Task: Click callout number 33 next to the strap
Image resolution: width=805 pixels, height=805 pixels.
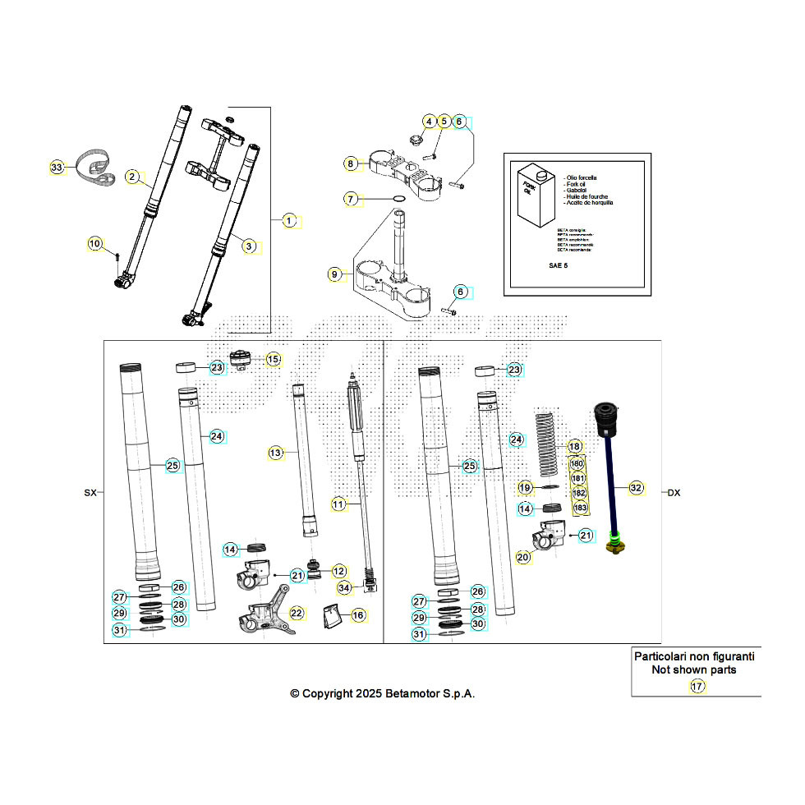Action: click(56, 168)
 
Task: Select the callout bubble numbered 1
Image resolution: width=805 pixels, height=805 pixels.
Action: click(289, 220)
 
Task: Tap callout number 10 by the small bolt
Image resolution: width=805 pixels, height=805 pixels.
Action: click(94, 243)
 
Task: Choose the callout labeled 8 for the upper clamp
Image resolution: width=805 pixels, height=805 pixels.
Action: click(351, 164)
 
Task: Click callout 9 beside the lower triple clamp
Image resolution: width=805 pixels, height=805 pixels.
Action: click(333, 274)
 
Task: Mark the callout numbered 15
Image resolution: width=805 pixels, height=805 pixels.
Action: click(273, 359)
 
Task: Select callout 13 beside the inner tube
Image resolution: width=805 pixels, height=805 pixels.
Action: click(275, 453)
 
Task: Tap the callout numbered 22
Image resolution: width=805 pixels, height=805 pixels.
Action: click(296, 613)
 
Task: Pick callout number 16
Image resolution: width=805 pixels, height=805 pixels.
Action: click(357, 614)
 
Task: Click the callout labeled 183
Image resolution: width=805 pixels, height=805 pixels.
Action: click(580, 508)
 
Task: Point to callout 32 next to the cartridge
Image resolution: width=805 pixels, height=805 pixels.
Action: click(635, 487)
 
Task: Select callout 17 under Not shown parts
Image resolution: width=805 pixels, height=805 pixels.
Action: click(697, 687)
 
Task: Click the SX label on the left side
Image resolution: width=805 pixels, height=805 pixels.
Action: click(90, 493)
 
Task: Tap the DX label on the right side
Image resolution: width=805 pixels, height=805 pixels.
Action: click(674, 493)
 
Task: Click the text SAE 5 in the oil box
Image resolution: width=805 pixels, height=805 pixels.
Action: click(559, 266)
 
